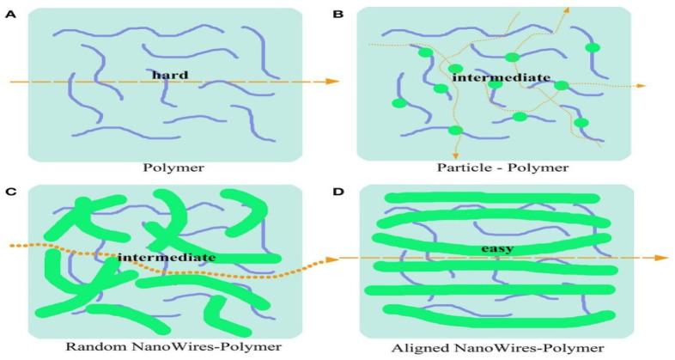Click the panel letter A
(9, 13)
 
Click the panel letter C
(9, 190)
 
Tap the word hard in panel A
(169, 75)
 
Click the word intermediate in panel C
(167, 256)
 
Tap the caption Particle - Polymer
(493, 168)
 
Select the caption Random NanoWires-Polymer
(162, 347)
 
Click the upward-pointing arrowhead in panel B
(566, 9)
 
